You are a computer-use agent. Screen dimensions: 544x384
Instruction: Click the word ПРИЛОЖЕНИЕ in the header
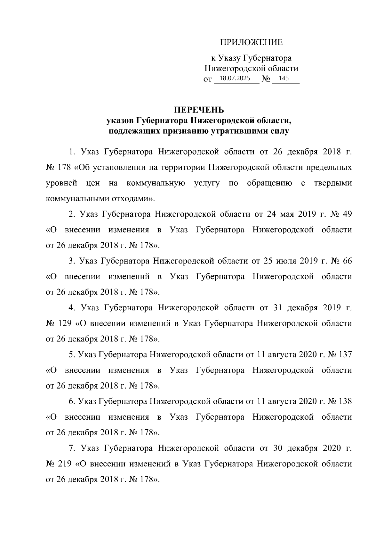click(x=251, y=43)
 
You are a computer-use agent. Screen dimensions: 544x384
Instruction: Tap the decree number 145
click(x=284, y=78)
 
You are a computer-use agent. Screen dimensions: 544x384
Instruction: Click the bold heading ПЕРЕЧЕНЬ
click(x=199, y=110)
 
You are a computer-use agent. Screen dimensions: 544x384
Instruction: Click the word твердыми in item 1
click(x=333, y=183)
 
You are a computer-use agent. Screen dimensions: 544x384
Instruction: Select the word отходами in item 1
click(x=132, y=199)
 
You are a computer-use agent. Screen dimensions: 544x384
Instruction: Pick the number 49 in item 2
click(x=347, y=214)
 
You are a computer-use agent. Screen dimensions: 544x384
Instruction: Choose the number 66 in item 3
click(x=347, y=261)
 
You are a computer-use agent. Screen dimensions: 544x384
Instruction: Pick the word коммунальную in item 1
click(x=156, y=183)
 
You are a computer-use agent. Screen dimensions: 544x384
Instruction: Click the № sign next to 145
click(x=266, y=79)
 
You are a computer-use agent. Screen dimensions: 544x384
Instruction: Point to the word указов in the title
click(x=120, y=121)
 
